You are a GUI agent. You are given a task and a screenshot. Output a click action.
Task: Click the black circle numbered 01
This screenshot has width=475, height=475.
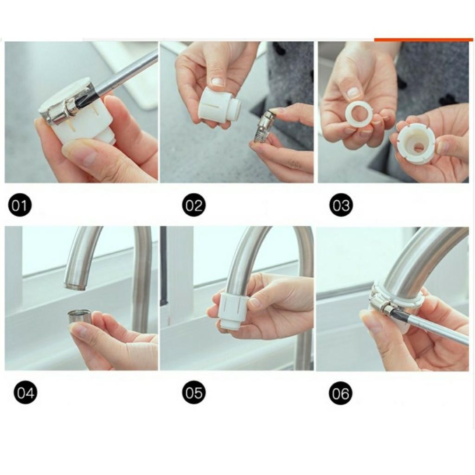[x=19, y=205]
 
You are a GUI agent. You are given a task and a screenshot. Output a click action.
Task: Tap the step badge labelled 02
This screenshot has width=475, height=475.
[x=193, y=205]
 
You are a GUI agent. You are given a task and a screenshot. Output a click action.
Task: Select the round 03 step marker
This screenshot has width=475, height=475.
[x=341, y=205]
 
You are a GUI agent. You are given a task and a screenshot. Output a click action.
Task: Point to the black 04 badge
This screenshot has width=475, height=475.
[x=26, y=393]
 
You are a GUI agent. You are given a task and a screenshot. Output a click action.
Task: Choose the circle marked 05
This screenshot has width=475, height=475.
[x=193, y=393]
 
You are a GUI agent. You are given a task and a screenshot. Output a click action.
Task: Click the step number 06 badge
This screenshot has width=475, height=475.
[x=341, y=393]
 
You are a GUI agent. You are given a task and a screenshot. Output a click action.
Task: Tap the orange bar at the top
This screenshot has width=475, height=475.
[x=423, y=40]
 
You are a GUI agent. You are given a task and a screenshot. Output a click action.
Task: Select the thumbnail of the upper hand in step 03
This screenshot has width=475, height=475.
[x=353, y=92]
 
